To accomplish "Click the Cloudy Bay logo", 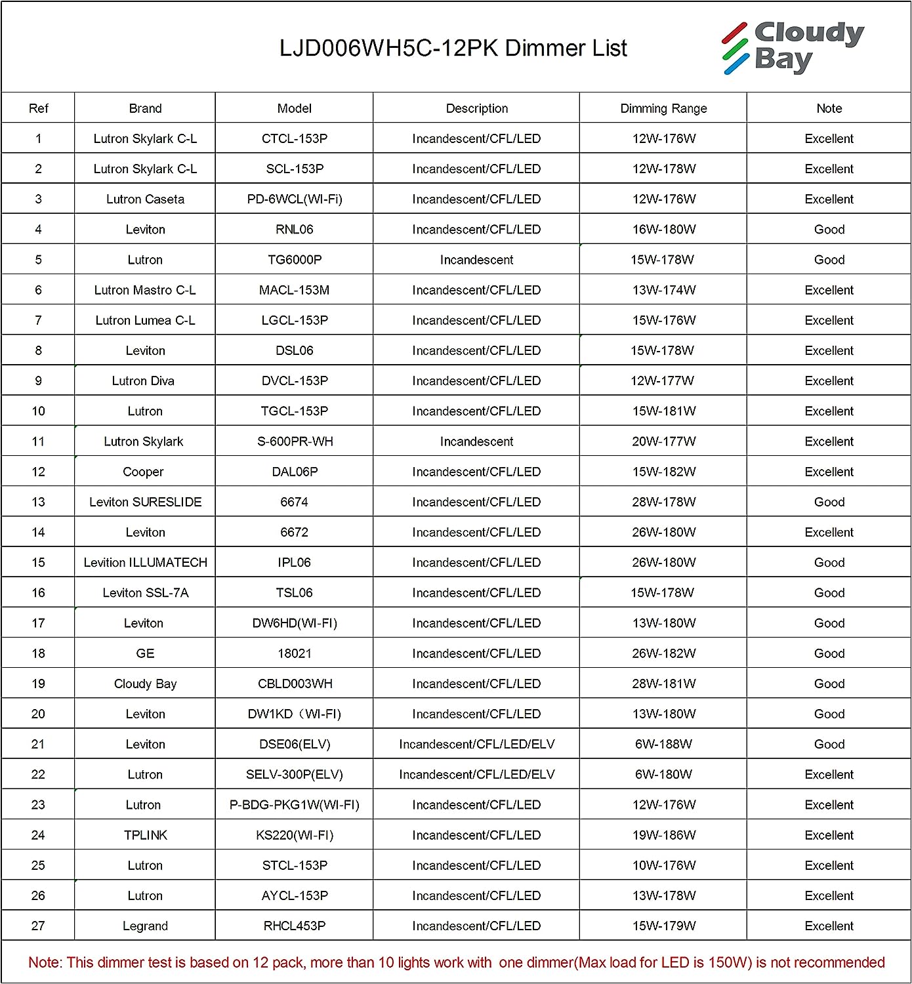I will tap(793, 47).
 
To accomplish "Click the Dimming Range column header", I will tap(663, 108).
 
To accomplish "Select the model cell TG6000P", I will tap(295, 260).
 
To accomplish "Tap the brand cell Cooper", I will tap(143, 472).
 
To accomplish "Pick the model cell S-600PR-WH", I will tap(295, 441).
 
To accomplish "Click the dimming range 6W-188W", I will tap(663, 744).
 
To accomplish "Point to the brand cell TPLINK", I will tap(145, 835).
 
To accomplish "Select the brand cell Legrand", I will tap(145, 926).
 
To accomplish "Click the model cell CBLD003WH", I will tap(295, 684).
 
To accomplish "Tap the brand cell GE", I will tap(145, 653).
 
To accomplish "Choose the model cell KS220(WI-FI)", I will tap(295, 835).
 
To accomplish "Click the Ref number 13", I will tap(38, 502).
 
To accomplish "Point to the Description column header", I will tap(476, 108).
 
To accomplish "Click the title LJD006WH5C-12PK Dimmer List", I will tap(453, 48).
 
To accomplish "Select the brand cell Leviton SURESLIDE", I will tap(145, 502).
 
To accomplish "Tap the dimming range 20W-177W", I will tap(663, 441).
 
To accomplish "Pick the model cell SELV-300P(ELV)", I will tap(295, 774).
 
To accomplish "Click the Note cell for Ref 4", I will tap(829, 230).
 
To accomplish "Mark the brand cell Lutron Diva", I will tap(143, 380).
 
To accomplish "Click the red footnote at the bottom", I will tap(456, 962).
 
